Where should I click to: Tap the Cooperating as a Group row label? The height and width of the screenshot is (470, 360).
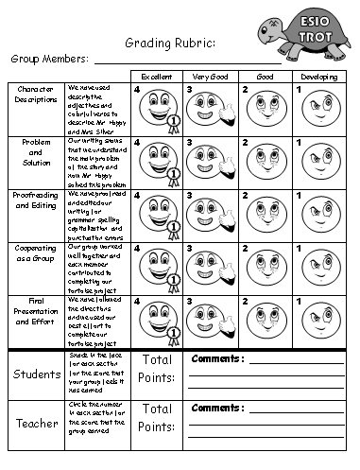(34, 252)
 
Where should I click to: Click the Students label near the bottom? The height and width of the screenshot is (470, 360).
(36, 375)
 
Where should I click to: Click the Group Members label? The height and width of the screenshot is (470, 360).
(47, 59)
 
